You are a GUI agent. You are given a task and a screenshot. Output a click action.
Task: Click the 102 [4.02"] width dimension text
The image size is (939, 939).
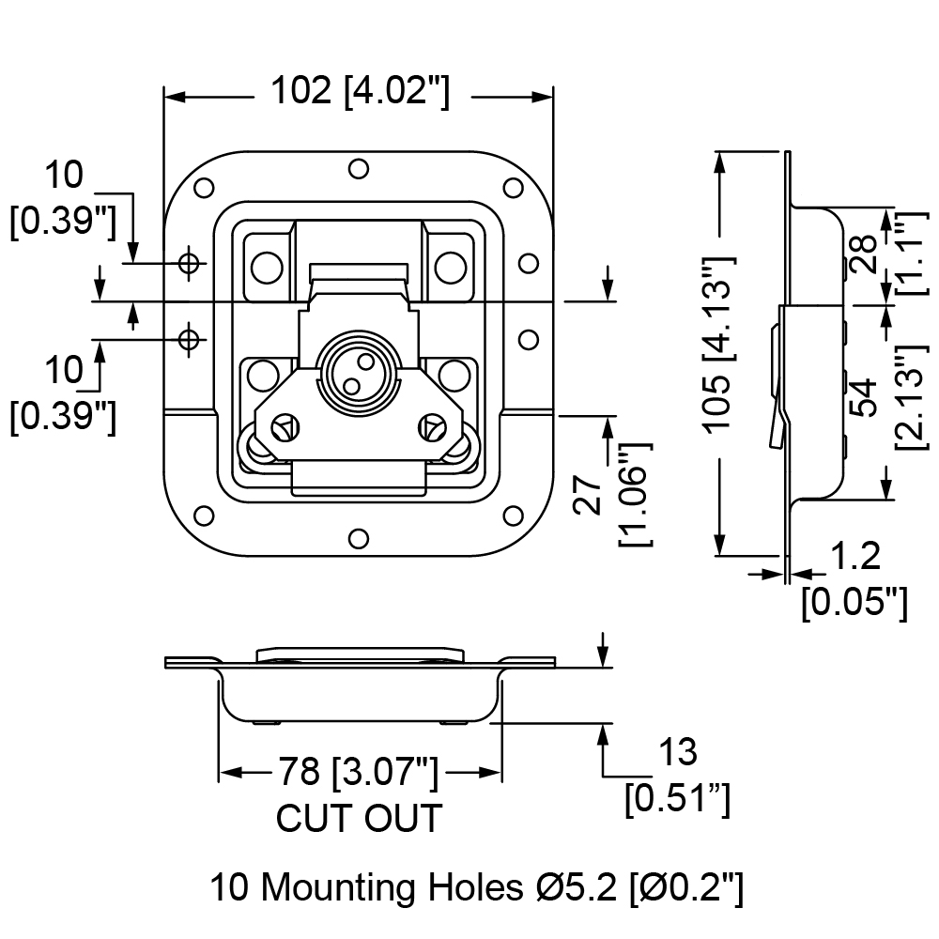[360, 92]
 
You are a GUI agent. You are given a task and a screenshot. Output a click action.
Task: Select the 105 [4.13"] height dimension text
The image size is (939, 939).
[717, 345]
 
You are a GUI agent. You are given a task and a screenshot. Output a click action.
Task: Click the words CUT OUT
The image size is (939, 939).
[359, 818]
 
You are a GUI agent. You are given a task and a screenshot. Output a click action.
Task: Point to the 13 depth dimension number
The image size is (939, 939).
[678, 751]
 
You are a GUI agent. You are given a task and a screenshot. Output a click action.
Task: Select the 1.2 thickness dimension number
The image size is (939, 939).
[856, 556]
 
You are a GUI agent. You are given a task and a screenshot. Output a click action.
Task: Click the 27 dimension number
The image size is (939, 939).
[588, 495]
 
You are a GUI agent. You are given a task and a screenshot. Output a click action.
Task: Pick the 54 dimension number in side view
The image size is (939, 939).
[864, 396]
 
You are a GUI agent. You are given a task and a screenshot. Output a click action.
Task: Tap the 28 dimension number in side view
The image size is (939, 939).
[864, 254]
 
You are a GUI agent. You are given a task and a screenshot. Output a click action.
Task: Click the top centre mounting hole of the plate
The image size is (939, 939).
[359, 168]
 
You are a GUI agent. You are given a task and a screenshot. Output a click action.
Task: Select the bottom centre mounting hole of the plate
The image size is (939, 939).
[359, 538]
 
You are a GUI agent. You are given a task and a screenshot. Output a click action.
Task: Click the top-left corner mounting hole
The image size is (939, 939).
[204, 188]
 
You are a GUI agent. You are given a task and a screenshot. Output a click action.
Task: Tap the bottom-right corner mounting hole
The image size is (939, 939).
[514, 515]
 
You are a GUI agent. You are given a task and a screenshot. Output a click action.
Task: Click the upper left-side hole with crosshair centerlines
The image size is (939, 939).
[190, 262]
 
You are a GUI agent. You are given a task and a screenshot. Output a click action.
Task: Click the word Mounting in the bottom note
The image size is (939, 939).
[338, 887]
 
